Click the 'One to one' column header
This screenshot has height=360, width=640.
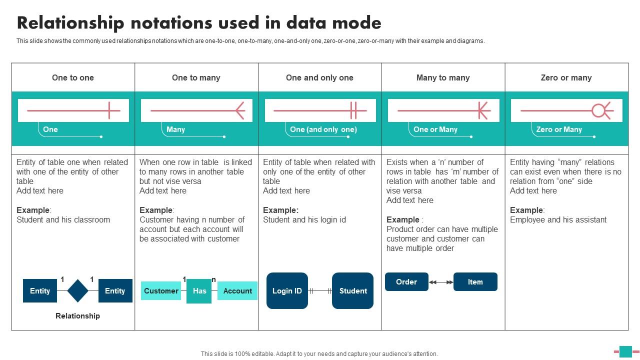pyautogui.click(x=73, y=77)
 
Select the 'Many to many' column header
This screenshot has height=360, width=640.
pyautogui.click(x=443, y=77)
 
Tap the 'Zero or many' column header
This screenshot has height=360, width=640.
pyautogui.click(x=566, y=77)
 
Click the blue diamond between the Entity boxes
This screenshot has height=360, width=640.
pyautogui.click(x=77, y=291)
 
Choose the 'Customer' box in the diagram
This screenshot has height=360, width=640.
pyautogui.click(x=161, y=291)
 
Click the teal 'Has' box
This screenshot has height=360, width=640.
pyautogui.click(x=199, y=291)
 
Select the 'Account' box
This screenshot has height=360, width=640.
pyautogui.click(x=237, y=291)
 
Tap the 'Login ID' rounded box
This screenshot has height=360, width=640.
pyautogui.click(x=287, y=291)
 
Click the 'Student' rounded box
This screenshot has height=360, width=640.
pyautogui.click(x=353, y=291)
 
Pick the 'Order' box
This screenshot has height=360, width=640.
pyautogui.click(x=406, y=282)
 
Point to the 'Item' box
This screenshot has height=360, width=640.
pyautogui.click(x=475, y=282)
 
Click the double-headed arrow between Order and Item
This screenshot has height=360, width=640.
pyautogui.click(x=441, y=282)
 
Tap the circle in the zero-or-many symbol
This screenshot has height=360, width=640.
pyautogui.click(x=598, y=110)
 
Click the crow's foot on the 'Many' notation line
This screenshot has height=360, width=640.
pyautogui.click(x=239, y=110)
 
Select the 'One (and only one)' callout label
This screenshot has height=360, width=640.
pyautogui.click(x=323, y=129)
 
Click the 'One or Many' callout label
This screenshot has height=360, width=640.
pyautogui.click(x=435, y=129)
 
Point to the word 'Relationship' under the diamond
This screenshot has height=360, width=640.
pyautogui.click(x=77, y=316)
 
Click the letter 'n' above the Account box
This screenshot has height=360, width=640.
pyautogui.click(x=214, y=279)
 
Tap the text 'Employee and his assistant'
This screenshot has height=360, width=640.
pyautogui.click(x=558, y=219)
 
